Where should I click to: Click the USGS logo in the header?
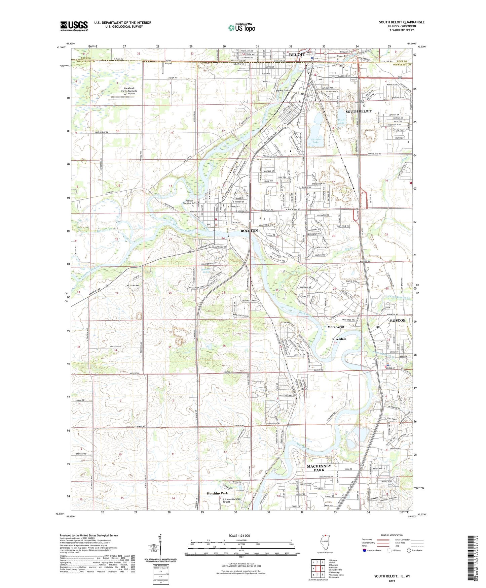[74, 26]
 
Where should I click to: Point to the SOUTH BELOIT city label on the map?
[359, 111]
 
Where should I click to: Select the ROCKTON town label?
[249, 230]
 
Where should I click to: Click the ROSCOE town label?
[397, 321]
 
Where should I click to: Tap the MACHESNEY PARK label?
[319, 468]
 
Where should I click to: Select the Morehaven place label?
[336, 327]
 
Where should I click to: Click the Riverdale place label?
[339, 339]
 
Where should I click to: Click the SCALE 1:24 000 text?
[240, 535]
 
